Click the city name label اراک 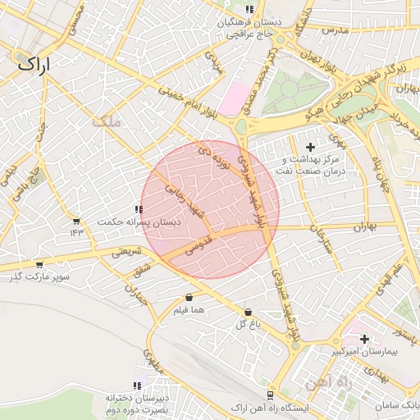[x=32, y=62]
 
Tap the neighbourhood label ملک [x=106, y=122]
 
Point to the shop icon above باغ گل [x=248, y=312]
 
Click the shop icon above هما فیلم [x=189, y=297]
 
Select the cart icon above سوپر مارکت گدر [x=39, y=264]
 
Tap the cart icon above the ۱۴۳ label [x=76, y=221]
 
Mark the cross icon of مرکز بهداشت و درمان [x=310, y=146]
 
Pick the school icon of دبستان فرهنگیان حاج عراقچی [x=249, y=10]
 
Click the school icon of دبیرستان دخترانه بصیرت [x=138, y=385]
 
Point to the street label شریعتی [x=127, y=250]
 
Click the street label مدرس [x=336, y=30]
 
